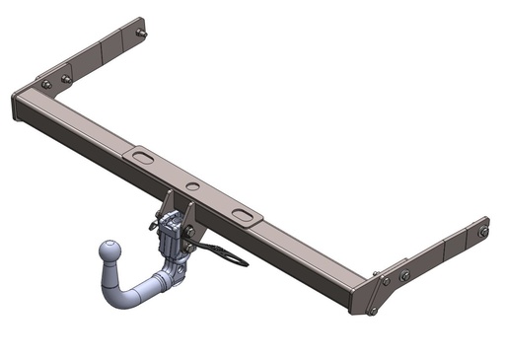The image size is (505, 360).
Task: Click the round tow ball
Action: coord(111,254)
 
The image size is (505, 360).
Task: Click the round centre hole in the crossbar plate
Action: coord(193,185)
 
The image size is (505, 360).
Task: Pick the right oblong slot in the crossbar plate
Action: coord(242,213)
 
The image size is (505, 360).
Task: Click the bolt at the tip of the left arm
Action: coord(144,34)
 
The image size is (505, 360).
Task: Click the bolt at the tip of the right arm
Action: coord(483,233)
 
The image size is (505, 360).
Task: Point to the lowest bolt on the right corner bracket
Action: coord(372,312)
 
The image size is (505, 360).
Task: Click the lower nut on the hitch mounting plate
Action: coord(187,234)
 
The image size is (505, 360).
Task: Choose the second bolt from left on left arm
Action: coord(66,79)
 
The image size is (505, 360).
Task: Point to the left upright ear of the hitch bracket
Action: coord(168,203)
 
